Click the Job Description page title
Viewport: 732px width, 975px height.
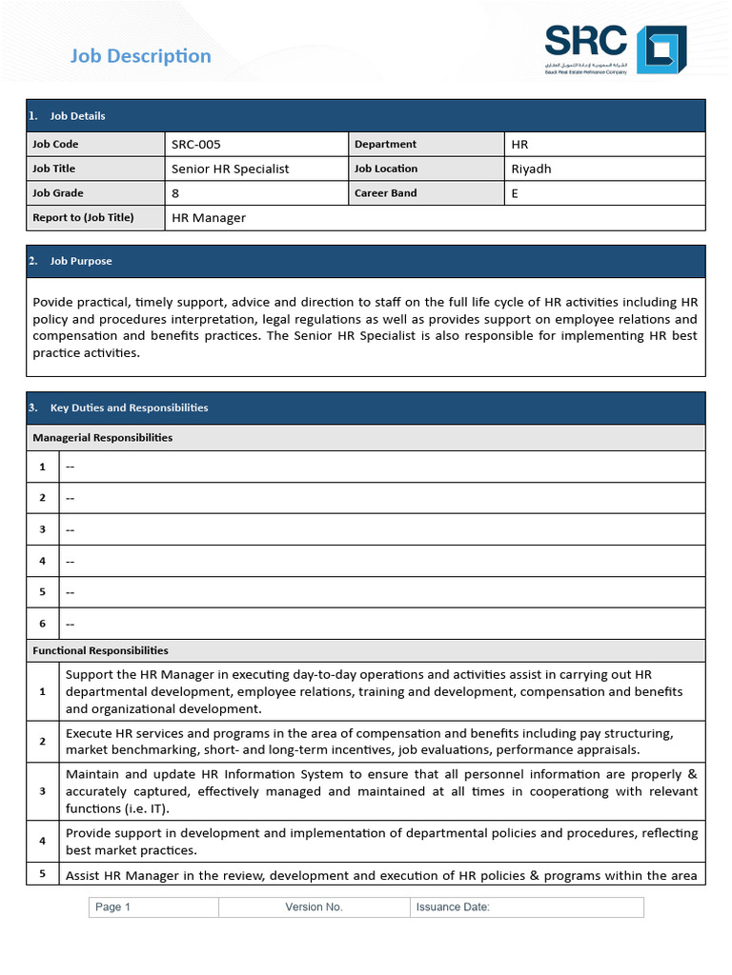pos(141,56)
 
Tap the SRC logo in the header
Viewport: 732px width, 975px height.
pos(615,49)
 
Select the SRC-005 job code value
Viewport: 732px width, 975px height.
pos(195,145)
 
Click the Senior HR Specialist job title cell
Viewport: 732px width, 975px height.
pos(230,169)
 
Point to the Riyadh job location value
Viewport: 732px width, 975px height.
pos(531,169)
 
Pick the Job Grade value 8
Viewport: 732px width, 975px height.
pos(175,193)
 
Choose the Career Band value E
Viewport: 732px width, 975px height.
pos(516,193)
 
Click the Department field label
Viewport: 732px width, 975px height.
pos(385,145)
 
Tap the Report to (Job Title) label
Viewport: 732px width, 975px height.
pos(83,217)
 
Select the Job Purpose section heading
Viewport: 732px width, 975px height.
pos(81,261)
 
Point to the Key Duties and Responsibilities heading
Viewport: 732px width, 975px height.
pos(129,408)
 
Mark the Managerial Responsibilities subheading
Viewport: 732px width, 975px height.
pos(103,438)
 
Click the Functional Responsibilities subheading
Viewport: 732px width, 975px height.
pos(100,650)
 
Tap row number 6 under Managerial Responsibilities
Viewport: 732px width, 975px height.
pos(42,624)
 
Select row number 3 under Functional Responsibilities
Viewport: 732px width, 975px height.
pos(42,791)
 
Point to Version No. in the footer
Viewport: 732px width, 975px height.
pos(314,907)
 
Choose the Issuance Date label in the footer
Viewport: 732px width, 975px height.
pos(453,907)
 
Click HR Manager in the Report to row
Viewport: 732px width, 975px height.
pos(208,218)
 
